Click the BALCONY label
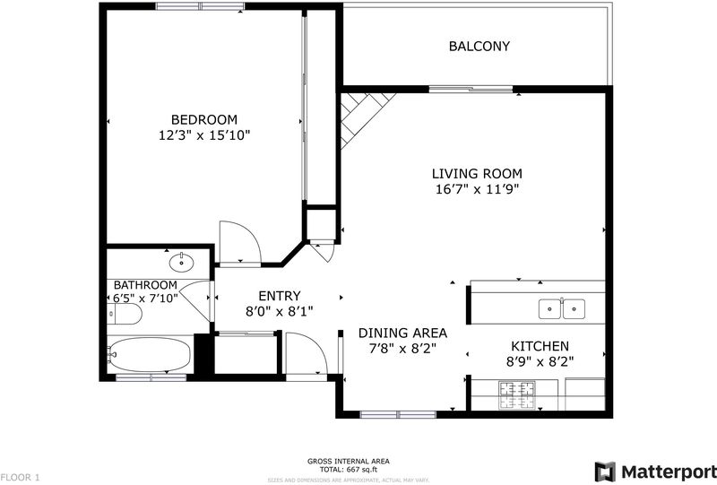pos(479,47)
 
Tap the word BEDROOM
pos(204,120)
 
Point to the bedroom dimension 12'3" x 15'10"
pos(204,135)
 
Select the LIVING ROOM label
pos(477,174)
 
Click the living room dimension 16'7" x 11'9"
pos(477,189)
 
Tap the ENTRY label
pos(280,296)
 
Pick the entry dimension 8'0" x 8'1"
pos(280,312)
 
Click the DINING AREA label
pos(402,333)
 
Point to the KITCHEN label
pos(540,346)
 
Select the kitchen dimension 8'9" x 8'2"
pos(540,362)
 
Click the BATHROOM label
pos(145,285)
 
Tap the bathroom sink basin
pos(182,263)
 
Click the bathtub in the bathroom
pos(149,355)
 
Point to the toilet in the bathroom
pos(125,314)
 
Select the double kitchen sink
pos(562,309)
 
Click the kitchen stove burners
pos(517,394)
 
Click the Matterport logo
pos(655,472)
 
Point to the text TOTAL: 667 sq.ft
pos(349,470)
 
